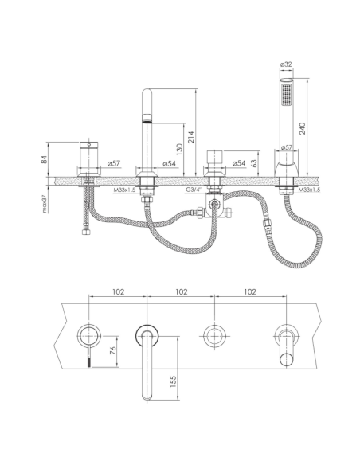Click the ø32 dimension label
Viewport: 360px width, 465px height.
click(286, 64)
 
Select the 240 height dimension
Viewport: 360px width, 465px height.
click(302, 128)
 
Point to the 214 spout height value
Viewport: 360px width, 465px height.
click(191, 137)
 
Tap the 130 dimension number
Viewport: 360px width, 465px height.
click(179, 150)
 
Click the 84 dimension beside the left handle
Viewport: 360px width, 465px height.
click(44, 159)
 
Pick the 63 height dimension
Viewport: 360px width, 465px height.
click(254, 163)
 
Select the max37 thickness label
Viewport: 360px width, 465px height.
click(45, 203)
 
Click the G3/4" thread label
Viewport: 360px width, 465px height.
click(194, 190)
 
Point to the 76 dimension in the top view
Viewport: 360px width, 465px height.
click(112, 350)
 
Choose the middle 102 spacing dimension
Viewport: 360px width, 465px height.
click(181, 291)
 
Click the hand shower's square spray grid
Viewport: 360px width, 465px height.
click(287, 94)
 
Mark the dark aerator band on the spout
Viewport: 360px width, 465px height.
click(147, 121)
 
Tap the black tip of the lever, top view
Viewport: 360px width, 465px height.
click(89, 362)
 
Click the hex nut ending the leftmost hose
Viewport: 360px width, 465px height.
click(86, 231)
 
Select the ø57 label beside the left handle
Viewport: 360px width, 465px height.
click(113, 163)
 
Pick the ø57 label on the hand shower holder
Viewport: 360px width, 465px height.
click(287, 147)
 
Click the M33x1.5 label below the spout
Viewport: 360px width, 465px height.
click(124, 190)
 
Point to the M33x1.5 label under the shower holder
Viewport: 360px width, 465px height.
click(309, 190)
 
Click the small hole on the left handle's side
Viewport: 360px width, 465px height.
click(88, 145)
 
